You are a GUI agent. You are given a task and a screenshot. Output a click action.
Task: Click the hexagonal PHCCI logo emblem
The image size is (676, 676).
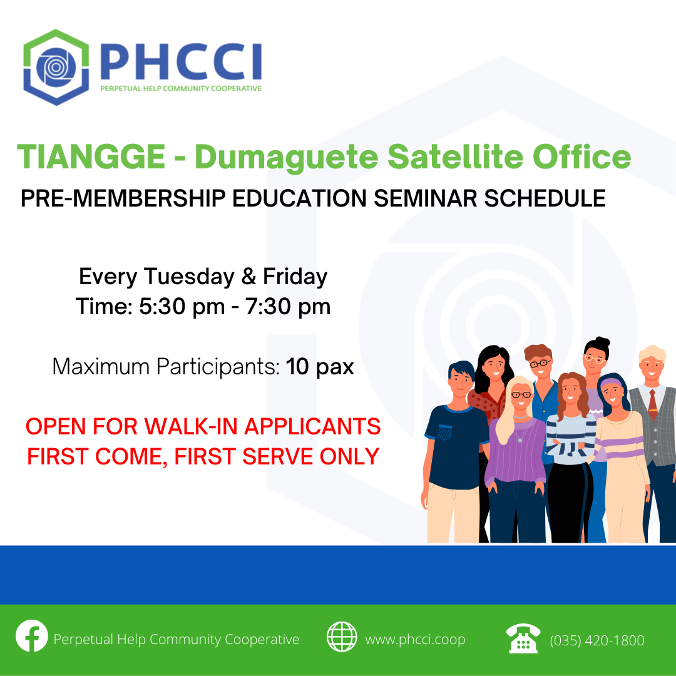(56, 67)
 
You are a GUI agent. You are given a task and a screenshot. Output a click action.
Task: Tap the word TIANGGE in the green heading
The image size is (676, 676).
(91, 156)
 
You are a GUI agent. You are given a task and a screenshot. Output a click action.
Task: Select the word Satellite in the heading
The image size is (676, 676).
(455, 156)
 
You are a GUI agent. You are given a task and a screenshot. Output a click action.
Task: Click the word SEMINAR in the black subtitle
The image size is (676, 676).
(425, 198)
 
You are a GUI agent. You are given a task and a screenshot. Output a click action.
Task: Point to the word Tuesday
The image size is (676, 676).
(189, 277)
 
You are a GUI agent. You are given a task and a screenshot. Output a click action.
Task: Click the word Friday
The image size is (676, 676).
(295, 277)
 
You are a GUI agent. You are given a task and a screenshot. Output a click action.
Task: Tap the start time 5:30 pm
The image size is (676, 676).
(182, 307)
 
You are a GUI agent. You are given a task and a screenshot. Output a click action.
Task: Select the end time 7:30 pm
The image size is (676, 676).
(288, 307)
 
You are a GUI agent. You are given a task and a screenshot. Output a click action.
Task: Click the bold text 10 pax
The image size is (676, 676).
(320, 367)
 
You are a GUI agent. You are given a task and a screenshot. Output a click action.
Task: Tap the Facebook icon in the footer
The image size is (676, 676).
(32, 636)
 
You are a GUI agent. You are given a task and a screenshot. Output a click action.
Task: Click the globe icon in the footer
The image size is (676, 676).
(342, 637)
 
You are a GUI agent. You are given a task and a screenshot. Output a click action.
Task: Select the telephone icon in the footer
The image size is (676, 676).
(523, 638)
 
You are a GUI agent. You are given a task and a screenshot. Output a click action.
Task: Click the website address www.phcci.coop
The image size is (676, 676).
(415, 640)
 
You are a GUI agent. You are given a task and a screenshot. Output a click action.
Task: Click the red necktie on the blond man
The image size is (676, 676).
(653, 404)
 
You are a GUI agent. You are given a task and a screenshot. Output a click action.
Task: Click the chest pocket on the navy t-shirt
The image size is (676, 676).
(445, 431)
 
